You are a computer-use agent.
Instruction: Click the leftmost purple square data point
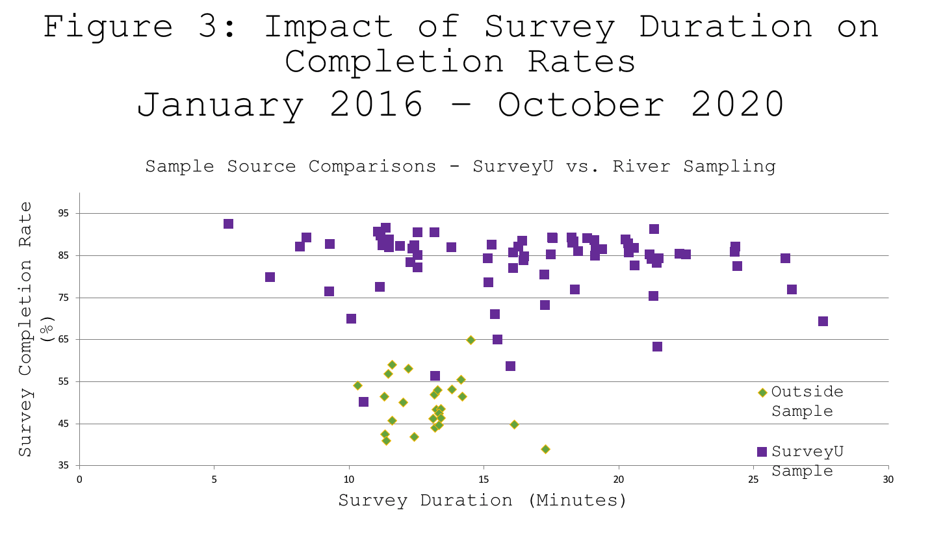point(228,224)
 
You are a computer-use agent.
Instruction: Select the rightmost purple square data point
point(823,322)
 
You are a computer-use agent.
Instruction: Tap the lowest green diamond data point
point(545,449)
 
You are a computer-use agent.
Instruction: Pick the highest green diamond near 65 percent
point(471,340)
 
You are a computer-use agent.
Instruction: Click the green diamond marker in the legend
point(762,392)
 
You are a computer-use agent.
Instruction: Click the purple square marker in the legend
point(762,452)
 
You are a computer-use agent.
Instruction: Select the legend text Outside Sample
point(807,401)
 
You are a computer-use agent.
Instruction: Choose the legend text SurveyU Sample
point(807,461)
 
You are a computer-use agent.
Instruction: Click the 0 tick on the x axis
point(79,479)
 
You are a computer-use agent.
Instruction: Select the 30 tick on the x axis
point(888,479)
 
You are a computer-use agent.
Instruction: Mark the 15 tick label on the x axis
point(484,479)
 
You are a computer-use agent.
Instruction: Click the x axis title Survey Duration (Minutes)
point(482,500)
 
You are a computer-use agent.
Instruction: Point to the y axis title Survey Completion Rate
point(25,329)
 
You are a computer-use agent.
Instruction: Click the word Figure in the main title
point(108,27)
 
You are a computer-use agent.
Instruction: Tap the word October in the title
point(581,104)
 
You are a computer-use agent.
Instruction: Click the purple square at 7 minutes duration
point(270,277)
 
